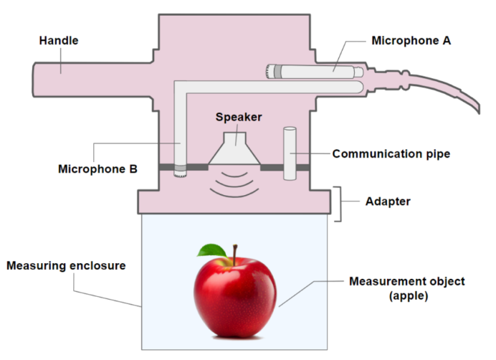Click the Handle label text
click(58, 41)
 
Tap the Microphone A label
click(411, 41)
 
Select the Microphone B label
click(96, 170)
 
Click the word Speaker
click(239, 117)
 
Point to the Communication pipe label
click(391, 153)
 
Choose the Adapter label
click(387, 202)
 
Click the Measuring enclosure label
click(66, 266)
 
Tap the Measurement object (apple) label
click(397, 287)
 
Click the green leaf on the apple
click(212, 251)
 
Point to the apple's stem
click(232, 255)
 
